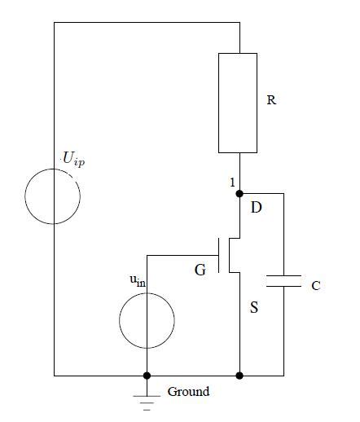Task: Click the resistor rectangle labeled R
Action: point(238,103)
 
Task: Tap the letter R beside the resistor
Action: point(271,101)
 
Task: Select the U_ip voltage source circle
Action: point(53,196)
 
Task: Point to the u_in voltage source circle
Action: point(147,321)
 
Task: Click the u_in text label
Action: point(137,281)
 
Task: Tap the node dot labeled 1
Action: point(239,194)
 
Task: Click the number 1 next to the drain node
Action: point(232,182)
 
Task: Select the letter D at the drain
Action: point(256,208)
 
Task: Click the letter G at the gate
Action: point(200,270)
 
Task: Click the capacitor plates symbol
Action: point(284,282)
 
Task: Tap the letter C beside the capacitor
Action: point(316,286)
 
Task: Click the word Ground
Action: point(188,392)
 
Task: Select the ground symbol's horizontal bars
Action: point(147,398)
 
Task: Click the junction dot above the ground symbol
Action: point(147,376)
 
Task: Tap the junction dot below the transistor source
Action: point(239,376)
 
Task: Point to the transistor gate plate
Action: point(220,254)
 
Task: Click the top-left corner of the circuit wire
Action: point(54,23)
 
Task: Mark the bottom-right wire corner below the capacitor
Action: point(284,376)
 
